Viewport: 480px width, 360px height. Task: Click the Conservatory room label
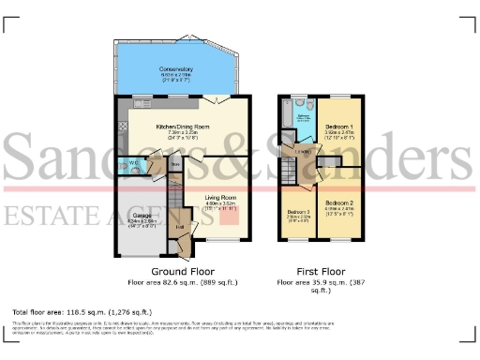click(176, 68)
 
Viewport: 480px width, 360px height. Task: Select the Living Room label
click(221, 198)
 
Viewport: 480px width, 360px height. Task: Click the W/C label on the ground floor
click(133, 162)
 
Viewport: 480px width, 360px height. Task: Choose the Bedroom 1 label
click(339, 126)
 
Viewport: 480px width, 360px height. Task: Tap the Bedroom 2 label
click(339, 202)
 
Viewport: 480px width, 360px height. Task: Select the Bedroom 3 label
click(298, 212)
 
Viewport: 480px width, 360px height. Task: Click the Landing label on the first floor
click(303, 152)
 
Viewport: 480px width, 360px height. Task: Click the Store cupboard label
click(175, 165)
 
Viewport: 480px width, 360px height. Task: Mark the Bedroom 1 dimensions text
click(339, 135)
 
